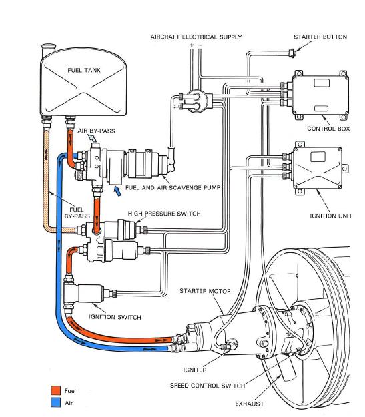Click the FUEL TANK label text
(84, 71)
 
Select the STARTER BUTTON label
(320, 37)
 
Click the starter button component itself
(292, 53)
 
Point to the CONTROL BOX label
(328, 129)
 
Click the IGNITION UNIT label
(331, 216)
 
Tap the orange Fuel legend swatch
(55, 390)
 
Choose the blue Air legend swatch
(55, 402)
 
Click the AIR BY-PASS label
(96, 131)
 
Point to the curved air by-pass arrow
(92, 137)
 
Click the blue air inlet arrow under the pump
(117, 191)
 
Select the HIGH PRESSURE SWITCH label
(164, 214)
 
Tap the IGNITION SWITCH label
(115, 317)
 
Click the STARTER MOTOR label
(205, 291)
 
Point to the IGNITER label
(195, 370)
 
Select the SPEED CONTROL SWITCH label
(208, 386)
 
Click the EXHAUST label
(250, 404)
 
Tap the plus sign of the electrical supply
(192, 45)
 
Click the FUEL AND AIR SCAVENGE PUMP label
(173, 187)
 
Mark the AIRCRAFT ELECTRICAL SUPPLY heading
(196, 37)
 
